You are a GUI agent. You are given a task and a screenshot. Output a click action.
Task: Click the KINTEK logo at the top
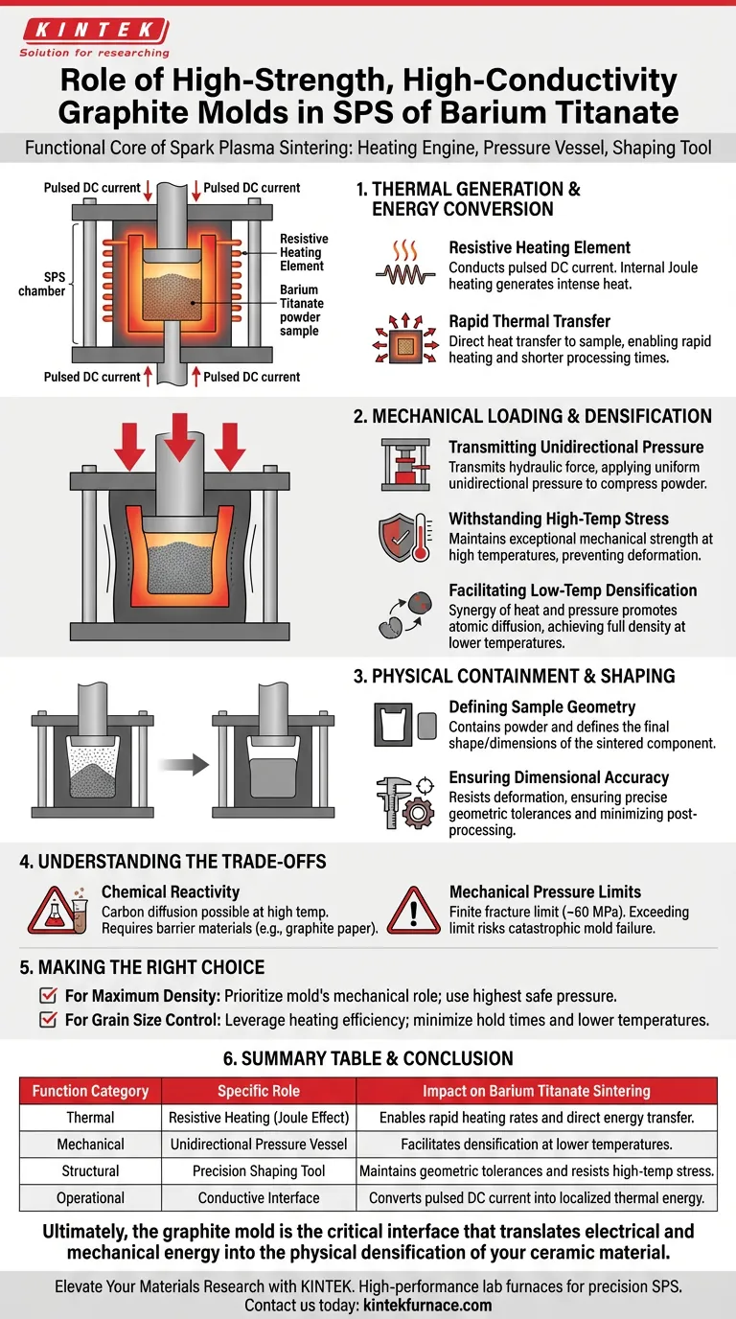95,37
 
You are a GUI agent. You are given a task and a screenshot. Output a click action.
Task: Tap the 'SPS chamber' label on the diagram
42,284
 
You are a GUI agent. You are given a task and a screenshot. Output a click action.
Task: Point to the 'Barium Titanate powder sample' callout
302,310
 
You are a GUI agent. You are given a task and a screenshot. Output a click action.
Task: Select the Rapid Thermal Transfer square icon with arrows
405,339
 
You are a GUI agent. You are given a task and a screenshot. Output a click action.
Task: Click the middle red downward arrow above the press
179,436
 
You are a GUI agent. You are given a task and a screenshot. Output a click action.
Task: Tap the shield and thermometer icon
405,537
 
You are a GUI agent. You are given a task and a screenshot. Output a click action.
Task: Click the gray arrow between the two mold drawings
184,765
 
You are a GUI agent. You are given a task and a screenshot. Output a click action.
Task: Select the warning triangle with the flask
57,911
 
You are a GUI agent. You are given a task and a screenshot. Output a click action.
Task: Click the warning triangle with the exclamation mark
413,911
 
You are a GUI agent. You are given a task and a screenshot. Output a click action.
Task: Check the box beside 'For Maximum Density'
48,995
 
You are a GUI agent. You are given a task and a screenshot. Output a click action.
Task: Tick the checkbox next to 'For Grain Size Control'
48,1019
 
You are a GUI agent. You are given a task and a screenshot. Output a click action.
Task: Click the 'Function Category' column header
90,1091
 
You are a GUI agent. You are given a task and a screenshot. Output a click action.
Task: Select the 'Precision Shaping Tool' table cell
259,1170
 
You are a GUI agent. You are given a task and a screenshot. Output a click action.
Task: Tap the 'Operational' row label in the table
90,1197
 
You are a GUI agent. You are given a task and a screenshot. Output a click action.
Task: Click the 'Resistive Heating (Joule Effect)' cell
259,1117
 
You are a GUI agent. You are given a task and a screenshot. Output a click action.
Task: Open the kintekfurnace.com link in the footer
427,1305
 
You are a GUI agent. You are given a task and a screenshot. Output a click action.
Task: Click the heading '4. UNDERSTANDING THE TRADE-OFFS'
172,862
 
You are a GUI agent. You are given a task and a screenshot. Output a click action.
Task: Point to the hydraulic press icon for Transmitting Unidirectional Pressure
405,465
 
